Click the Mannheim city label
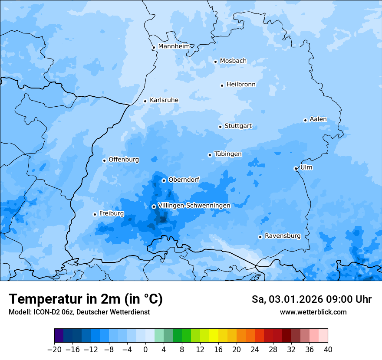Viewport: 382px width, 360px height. [174, 46]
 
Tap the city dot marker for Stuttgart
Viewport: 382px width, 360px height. [220, 127]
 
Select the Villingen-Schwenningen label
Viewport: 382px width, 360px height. [194, 206]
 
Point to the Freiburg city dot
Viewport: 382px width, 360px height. [95, 214]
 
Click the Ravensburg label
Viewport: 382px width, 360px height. [283, 236]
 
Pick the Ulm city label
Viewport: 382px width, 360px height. [306, 167]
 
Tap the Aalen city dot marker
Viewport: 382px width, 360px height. [305, 120]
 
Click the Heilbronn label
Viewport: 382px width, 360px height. [241, 85]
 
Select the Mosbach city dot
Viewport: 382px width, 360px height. [215, 62]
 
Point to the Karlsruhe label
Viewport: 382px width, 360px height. [164, 100]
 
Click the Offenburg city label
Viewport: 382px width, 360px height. [124, 160]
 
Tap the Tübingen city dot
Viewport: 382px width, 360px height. [210, 155]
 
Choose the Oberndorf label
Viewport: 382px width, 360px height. [184, 180]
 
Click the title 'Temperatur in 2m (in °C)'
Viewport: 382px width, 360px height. [86, 299]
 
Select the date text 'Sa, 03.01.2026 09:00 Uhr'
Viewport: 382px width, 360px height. [311, 299]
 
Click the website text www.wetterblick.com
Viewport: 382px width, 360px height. [313, 312]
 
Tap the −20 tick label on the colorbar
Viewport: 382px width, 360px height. [55, 350]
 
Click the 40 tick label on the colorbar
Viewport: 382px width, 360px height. [328, 350]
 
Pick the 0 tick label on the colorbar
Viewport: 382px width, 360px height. [145, 350]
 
